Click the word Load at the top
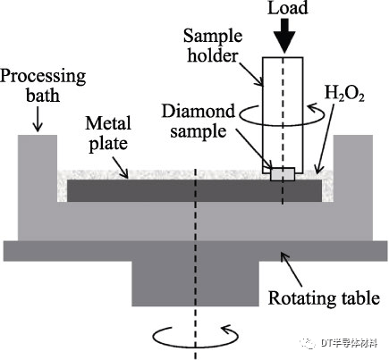pyautogui.click(x=288, y=8)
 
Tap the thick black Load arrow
pyautogui.click(x=284, y=36)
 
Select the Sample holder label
pyautogui.click(x=213, y=46)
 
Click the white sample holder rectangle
pyautogui.click(x=283, y=115)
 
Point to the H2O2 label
pyautogui.click(x=344, y=93)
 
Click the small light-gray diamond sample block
pyautogui.click(x=283, y=174)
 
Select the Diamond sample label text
pyautogui.click(x=199, y=121)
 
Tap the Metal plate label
pyautogui.click(x=108, y=134)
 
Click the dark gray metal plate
pyautogui.click(x=194, y=190)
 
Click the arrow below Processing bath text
pyautogui.click(x=38, y=120)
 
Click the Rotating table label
pyautogui.click(x=324, y=297)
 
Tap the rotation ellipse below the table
pyautogui.click(x=196, y=337)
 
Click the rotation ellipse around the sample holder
pyautogui.click(x=282, y=114)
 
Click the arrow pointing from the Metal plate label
pyautogui.click(x=121, y=167)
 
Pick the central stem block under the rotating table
pyautogui.click(x=196, y=284)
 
